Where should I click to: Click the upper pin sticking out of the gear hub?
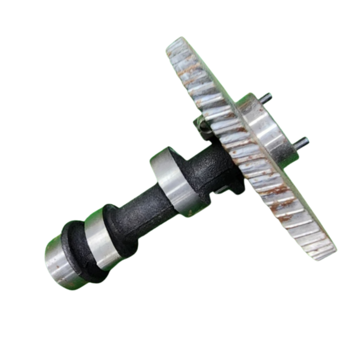[x=265, y=97]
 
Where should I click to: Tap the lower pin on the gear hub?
[x=302, y=141]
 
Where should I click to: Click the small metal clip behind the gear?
[x=202, y=125]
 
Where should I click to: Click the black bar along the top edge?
[x=180, y=14]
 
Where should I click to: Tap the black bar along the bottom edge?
[x=180, y=345]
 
